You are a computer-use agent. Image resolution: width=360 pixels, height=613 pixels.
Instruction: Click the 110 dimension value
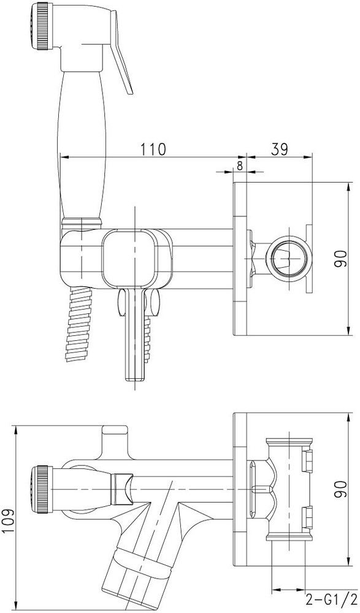click(x=153, y=148)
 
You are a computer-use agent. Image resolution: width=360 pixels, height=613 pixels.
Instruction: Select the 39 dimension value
click(x=280, y=148)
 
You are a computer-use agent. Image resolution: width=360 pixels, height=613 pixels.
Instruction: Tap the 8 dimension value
click(x=240, y=166)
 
